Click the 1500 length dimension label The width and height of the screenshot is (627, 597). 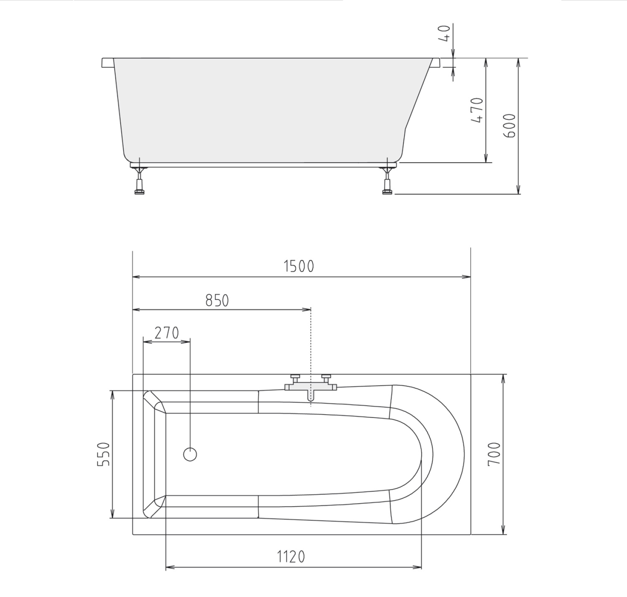[x=299, y=266]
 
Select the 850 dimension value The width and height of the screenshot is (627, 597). [x=217, y=300]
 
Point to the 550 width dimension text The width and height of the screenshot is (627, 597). [x=104, y=454]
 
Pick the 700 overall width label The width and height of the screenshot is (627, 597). [x=494, y=454]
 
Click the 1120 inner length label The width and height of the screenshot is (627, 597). [x=291, y=557]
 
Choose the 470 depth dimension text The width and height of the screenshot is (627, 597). [x=477, y=110]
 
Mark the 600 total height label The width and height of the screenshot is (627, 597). [x=509, y=125]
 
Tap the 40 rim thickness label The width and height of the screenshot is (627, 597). [x=444, y=33]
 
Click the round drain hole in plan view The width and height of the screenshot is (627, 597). [x=190, y=454]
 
